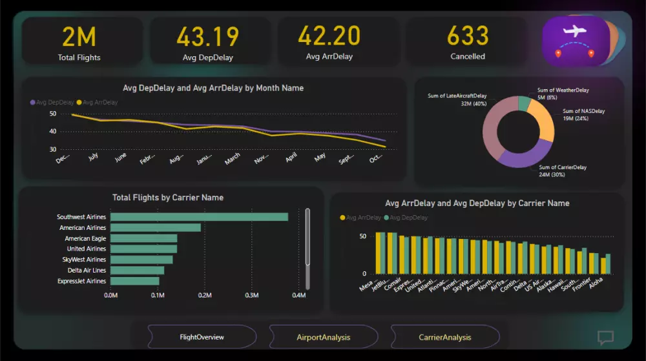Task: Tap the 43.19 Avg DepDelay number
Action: point(207,37)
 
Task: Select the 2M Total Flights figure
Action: point(79,37)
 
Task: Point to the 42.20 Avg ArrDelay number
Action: point(329,36)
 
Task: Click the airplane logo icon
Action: point(575,41)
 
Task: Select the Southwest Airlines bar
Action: point(199,217)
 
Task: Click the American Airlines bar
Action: point(155,227)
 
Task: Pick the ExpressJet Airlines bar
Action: point(134,281)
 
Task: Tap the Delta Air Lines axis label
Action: point(87,270)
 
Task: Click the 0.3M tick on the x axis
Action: point(251,296)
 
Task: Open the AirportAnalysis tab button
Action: point(323,337)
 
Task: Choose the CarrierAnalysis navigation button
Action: point(444,337)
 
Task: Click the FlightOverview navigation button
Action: point(202,337)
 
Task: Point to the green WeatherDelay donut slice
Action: point(524,103)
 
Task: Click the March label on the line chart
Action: point(232,158)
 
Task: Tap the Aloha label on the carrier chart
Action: point(595,282)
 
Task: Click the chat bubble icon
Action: point(605,337)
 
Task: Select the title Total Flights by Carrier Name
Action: point(168,198)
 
